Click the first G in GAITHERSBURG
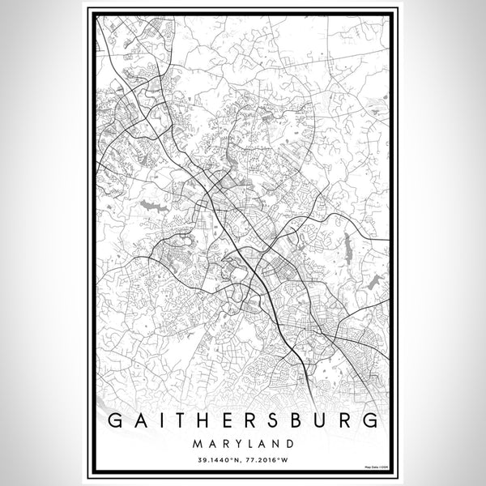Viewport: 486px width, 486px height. [x=116, y=420]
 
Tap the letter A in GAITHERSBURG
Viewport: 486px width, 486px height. [x=141, y=420]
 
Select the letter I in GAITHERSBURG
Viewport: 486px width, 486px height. [x=160, y=420]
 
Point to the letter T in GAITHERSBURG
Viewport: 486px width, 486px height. [x=180, y=420]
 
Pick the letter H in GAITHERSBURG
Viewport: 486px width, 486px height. [x=204, y=420]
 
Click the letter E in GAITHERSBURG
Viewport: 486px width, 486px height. [x=228, y=420]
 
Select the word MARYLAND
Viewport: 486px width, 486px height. [x=243, y=444]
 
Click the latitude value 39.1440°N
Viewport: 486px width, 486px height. [x=219, y=461]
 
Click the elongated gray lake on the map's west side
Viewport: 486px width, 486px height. [x=154, y=207]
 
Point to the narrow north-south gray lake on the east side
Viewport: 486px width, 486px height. [x=347, y=241]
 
